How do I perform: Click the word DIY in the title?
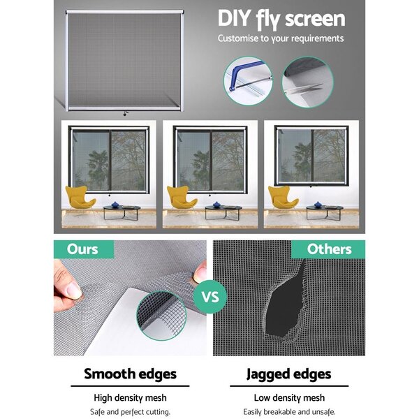(x=234, y=18)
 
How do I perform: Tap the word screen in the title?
(x=316, y=20)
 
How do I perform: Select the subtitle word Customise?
(x=239, y=38)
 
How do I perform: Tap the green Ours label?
(x=84, y=249)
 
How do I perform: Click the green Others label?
(x=328, y=249)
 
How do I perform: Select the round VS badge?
(x=210, y=297)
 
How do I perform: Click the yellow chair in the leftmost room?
(x=80, y=197)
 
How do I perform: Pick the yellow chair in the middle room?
(x=181, y=197)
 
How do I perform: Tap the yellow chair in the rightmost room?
(x=282, y=197)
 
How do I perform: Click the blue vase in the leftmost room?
(x=115, y=205)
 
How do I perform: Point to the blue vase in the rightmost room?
(x=318, y=205)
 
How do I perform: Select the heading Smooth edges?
(x=130, y=374)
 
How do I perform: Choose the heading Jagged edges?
(x=289, y=374)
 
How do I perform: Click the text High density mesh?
(x=130, y=398)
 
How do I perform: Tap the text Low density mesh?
(x=289, y=398)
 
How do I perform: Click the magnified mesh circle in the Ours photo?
(x=161, y=316)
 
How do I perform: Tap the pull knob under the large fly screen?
(x=125, y=114)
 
